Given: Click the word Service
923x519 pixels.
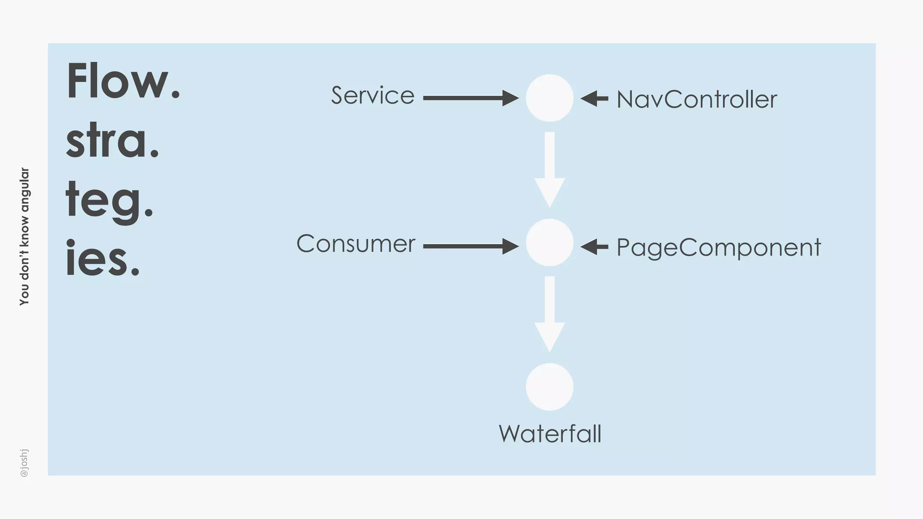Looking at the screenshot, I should click(373, 96).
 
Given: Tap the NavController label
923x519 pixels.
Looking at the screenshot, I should click(696, 100).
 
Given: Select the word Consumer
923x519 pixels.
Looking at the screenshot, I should click(356, 244).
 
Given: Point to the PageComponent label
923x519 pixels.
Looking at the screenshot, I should click(718, 248).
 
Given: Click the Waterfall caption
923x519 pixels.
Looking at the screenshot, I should click(550, 434).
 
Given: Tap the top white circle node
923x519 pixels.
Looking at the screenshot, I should click(549, 98).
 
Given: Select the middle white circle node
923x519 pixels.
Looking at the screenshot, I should click(549, 242).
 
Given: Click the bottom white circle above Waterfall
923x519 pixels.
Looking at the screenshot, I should click(549, 387).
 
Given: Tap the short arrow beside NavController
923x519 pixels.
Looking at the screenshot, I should click(594, 98).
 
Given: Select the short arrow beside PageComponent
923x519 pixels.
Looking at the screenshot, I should click(594, 246).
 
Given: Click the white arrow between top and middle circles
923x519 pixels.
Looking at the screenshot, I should click(549, 169).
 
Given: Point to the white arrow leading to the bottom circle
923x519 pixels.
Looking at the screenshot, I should click(549, 314).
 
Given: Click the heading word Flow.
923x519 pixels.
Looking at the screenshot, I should click(123, 82).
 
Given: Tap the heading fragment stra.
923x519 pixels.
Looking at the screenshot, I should click(113, 141).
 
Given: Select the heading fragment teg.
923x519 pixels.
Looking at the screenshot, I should click(110, 201).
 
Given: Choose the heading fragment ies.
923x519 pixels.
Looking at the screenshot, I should click(103, 259).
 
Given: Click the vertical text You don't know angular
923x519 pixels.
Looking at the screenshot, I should click(24, 237).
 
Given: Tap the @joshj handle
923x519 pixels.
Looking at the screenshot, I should click(24, 463).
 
